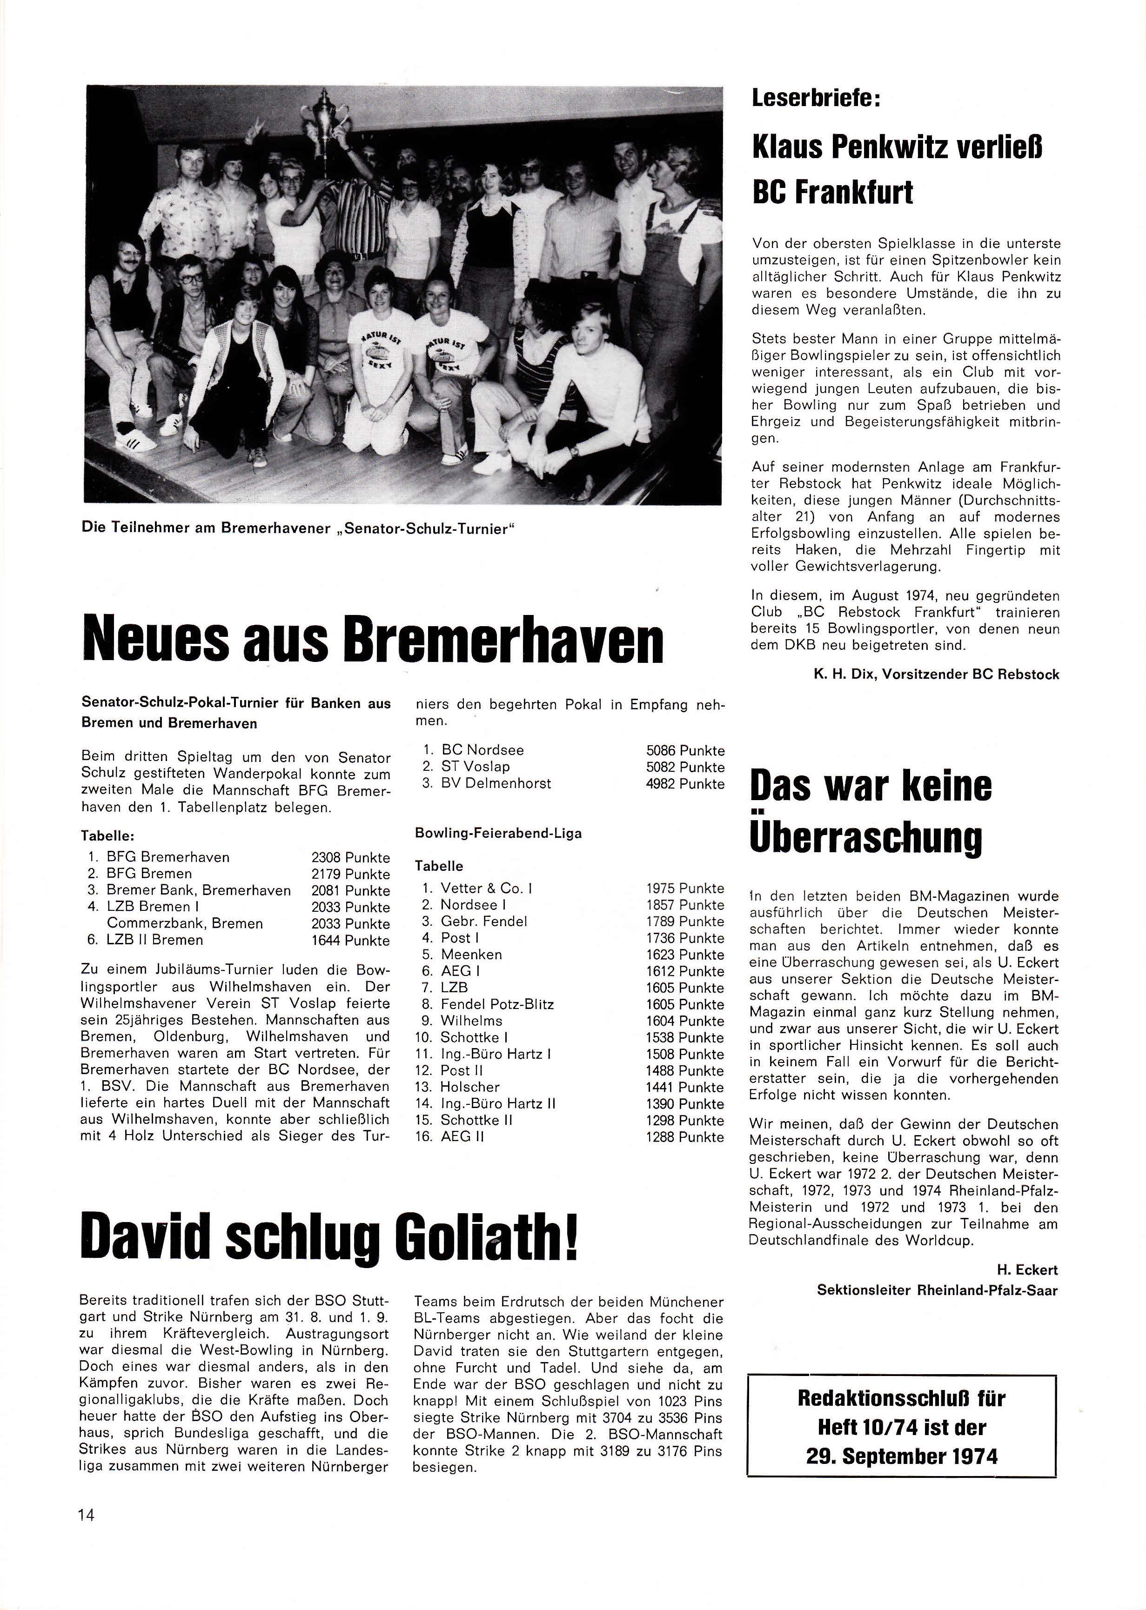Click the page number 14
tap(88, 1515)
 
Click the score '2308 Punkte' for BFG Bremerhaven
tap(350, 858)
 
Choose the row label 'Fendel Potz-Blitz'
tap(497, 1004)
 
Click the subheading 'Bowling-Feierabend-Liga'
tap(498, 833)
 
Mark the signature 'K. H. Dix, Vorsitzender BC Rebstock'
tap(936, 675)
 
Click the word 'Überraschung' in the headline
tap(865, 838)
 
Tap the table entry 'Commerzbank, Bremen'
tap(185, 923)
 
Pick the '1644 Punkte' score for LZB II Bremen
tap(350, 941)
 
